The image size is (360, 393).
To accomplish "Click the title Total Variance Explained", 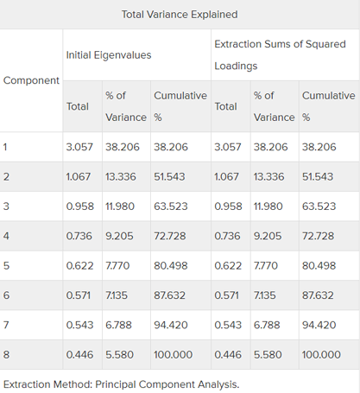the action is [x=180, y=15].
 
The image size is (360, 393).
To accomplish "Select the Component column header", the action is [x=31, y=80].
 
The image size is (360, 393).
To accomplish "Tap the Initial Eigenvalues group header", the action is [x=109, y=55].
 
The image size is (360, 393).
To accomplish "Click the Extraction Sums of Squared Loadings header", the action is [x=280, y=54].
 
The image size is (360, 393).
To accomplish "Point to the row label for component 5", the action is [x=6, y=265].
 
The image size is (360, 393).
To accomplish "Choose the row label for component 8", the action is [x=6, y=354].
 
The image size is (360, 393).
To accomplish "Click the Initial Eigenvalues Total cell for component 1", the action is [x=79, y=147].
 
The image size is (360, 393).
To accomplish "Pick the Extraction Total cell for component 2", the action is [x=226, y=176].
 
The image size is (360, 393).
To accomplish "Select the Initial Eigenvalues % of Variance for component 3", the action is [x=120, y=206].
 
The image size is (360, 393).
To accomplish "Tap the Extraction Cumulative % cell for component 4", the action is [x=318, y=236].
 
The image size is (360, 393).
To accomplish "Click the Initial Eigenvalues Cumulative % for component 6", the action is [x=169, y=295].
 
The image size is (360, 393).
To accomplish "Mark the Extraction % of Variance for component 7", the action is [x=267, y=325].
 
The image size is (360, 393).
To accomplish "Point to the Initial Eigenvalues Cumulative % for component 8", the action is [x=173, y=354].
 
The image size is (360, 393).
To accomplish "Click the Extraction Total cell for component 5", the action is [x=228, y=265].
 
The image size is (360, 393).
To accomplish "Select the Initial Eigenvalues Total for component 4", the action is [x=79, y=236].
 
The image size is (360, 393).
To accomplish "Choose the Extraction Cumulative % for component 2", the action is [x=318, y=176].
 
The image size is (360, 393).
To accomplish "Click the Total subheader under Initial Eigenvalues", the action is [x=78, y=106].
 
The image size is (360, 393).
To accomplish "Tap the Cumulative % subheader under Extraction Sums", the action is [x=329, y=106].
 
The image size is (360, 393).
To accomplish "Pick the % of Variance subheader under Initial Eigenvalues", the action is [x=126, y=106].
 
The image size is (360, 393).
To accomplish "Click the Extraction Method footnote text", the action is [x=121, y=384].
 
